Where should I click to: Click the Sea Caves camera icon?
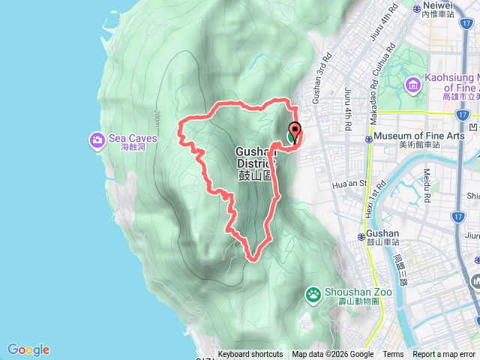pyautogui.click(x=97, y=139)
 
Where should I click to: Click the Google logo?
pyautogui.click(x=28, y=349)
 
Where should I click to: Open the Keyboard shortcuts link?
pyautogui.click(x=250, y=355)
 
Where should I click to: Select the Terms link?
pyautogui.click(x=393, y=355)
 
